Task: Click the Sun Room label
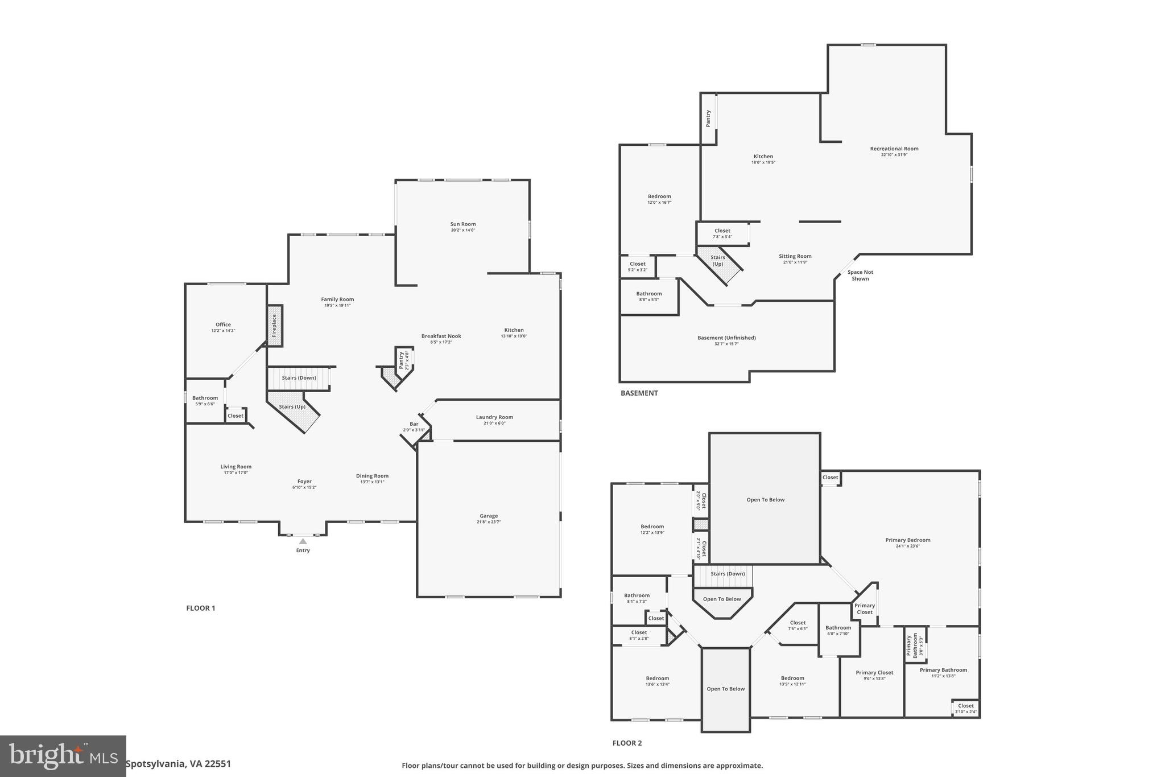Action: coord(462,224)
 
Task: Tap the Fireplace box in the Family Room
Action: coord(275,326)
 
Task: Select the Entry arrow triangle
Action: coord(303,541)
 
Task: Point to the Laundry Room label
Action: coord(494,417)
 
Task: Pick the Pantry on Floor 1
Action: coord(403,361)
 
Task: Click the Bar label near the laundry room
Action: coord(414,424)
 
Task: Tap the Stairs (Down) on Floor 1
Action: coord(299,378)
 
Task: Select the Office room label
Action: coord(223,324)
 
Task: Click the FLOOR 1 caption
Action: coord(200,608)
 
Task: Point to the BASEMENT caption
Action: coord(639,393)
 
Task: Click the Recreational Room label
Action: coord(894,149)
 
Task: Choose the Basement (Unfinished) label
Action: coord(726,338)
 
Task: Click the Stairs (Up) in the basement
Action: coord(718,261)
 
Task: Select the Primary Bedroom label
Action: coord(907,540)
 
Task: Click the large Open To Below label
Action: coord(765,500)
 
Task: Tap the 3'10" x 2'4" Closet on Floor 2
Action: coord(965,708)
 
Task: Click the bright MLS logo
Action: coord(63,756)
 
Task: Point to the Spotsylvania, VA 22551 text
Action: coord(178,764)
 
